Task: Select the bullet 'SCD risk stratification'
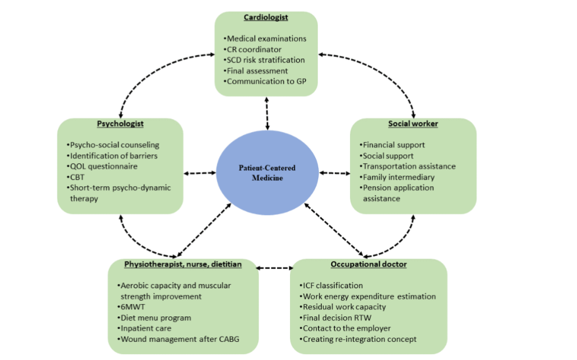tap(266, 60)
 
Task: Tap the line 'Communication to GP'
tap(266, 81)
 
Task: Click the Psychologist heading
tap(120, 124)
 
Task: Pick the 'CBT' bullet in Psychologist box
tap(78, 177)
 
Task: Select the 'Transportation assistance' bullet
tap(408, 166)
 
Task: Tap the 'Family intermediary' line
tap(398, 177)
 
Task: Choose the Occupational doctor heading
tap(368, 264)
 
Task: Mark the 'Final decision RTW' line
tap(336, 318)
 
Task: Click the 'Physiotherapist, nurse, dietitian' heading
tap(183, 264)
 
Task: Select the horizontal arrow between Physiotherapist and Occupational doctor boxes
tap(275, 268)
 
